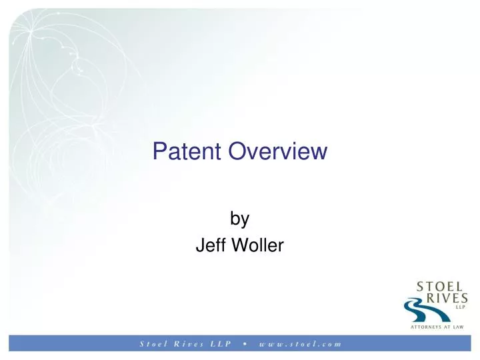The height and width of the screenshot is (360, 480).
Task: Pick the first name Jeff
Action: [209, 246]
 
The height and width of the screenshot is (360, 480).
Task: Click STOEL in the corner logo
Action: [442, 285]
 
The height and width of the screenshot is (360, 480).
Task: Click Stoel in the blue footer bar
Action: [152, 345]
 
